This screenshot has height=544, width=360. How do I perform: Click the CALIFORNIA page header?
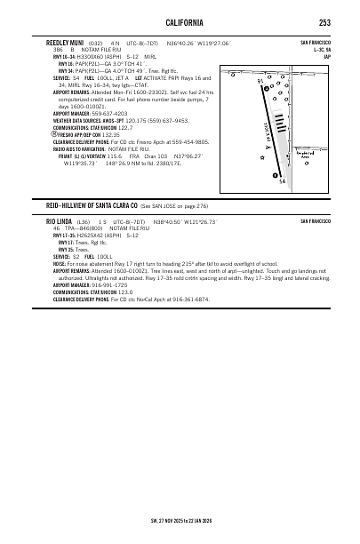[x=180, y=22]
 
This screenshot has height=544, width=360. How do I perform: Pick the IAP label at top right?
[x=328, y=57]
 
